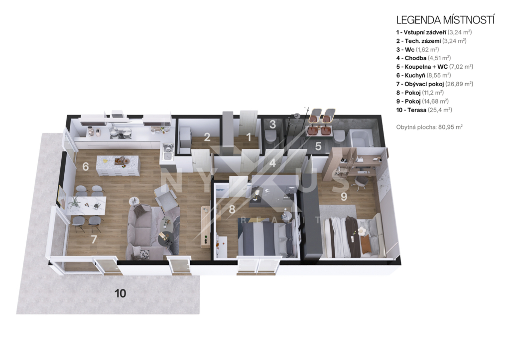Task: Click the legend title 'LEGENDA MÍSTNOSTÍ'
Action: point(445,20)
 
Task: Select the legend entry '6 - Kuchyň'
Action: point(410,76)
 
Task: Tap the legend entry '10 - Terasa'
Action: point(411,110)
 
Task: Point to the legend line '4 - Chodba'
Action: point(411,58)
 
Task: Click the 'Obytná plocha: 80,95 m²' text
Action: point(429,127)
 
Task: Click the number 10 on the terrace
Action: point(121,293)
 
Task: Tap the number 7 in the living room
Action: point(94,240)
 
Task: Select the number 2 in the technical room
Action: point(207,137)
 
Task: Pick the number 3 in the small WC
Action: point(272,124)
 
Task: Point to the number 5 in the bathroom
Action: point(318,146)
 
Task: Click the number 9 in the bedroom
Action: point(344,196)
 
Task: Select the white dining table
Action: point(86,205)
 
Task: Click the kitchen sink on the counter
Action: point(167,152)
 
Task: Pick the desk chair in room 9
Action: point(360,183)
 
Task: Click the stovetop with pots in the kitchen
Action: point(121,132)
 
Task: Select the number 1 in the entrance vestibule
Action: point(249,137)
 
